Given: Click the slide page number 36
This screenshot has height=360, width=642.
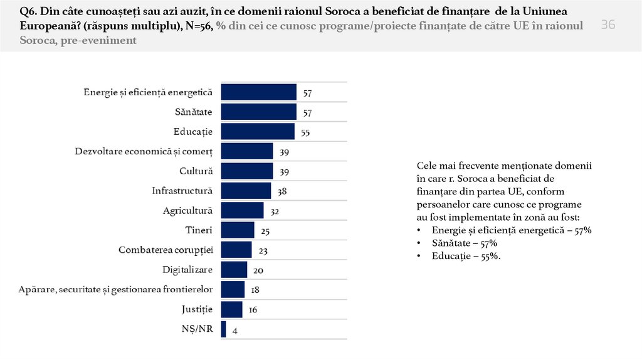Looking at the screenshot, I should click(x=608, y=24).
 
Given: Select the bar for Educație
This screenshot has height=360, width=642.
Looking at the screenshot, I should click(x=258, y=132).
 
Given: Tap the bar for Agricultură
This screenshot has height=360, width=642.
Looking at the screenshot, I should click(x=242, y=211).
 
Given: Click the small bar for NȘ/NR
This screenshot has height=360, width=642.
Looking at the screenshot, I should click(x=224, y=330).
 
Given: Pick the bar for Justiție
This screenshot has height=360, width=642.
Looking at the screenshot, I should click(x=231, y=310).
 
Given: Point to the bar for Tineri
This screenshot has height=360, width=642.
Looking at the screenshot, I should click(x=238, y=231).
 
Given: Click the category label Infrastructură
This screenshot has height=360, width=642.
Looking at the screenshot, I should click(x=182, y=191).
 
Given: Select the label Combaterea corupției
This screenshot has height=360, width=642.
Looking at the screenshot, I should click(x=166, y=250).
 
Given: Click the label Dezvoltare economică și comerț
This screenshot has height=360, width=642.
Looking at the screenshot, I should click(x=144, y=151).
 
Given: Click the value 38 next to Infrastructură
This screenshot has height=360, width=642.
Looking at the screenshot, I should click(x=283, y=193).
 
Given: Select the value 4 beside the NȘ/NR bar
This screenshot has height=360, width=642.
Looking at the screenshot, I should click(x=234, y=331).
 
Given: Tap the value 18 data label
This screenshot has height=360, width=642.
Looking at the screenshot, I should click(x=255, y=291).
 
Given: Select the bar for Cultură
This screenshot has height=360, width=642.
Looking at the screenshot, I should click(x=247, y=171).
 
